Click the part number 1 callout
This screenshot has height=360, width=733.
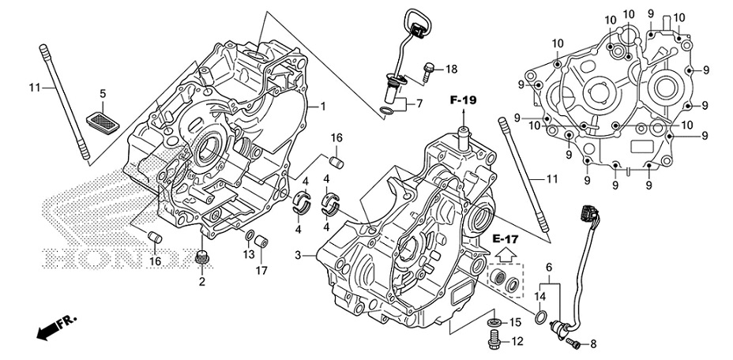(322, 106)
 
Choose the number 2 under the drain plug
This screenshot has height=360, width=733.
(201, 282)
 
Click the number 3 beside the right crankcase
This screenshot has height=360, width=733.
(299, 255)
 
